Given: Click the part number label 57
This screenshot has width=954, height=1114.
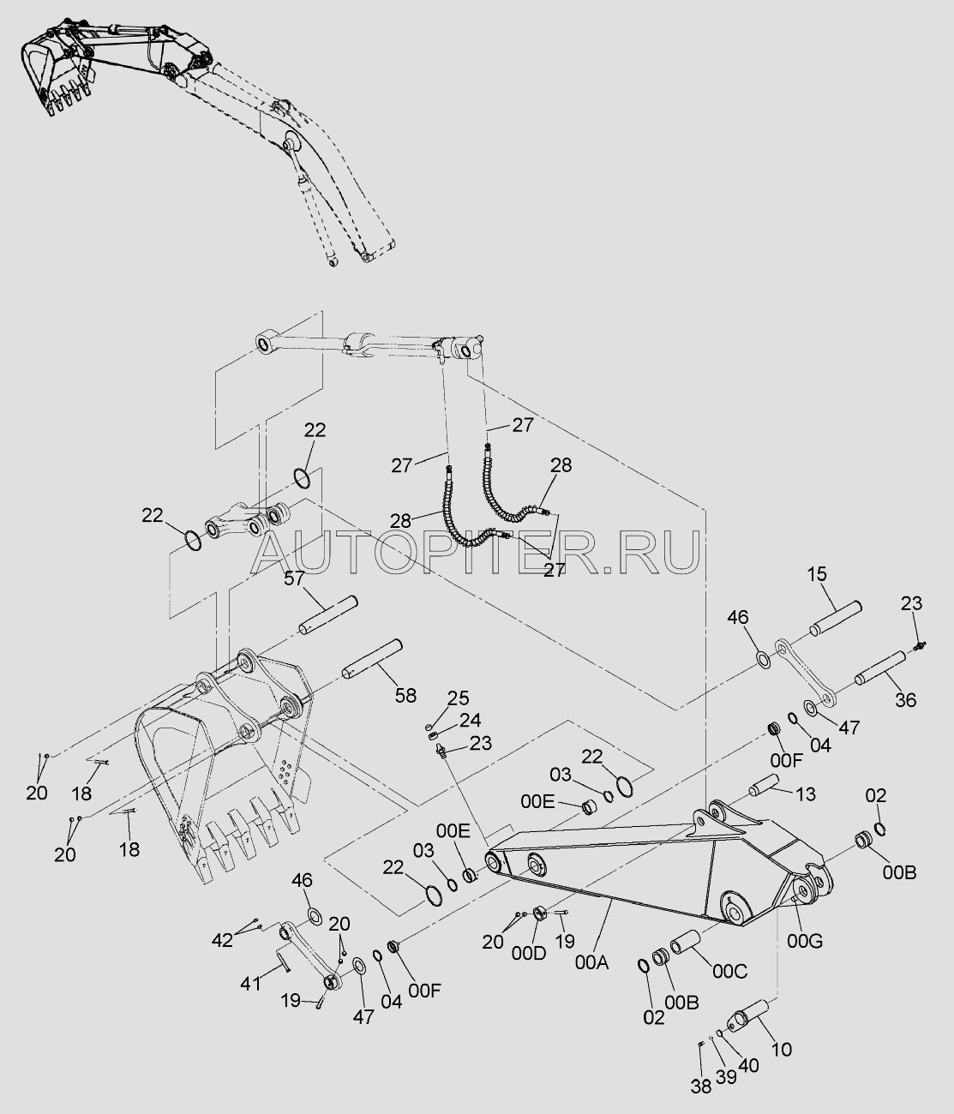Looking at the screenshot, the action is click(x=294, y=578).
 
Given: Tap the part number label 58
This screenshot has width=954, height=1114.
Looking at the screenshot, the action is click(x=405, y=695).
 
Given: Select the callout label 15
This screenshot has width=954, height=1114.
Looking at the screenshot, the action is click(x=817, y=574).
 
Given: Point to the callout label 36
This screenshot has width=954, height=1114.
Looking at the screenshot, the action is click(x=905, y=700).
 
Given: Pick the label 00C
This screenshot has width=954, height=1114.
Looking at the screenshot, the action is click(x=729, y=971).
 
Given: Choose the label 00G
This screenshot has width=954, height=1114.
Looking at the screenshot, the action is click(x=804, y=942).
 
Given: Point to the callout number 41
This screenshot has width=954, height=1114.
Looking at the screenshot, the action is click(x=250, y=984).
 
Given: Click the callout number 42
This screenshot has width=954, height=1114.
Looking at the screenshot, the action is click(x=222, y=940).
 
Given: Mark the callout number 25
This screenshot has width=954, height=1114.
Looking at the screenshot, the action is click(x=458, y=698).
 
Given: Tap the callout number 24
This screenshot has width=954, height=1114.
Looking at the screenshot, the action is click(x=470, y=720).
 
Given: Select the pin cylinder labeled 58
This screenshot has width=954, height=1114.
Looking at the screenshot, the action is click(x=373, y=659).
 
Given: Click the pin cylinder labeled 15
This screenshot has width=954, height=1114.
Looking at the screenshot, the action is click(x=836, y=618).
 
